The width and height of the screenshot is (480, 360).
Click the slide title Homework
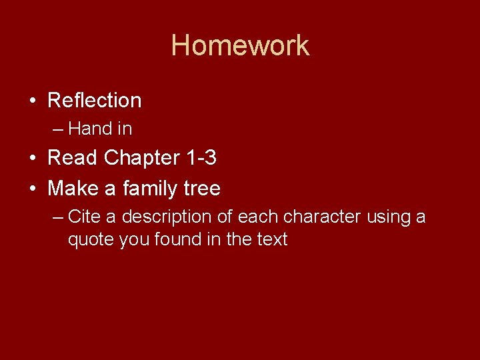pyautogui.click(x=240, y=45)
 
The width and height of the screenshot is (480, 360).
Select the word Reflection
pyautogui.click(x=95, y=101)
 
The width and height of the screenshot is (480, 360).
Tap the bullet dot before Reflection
pyautogui.click(x=32, y=101)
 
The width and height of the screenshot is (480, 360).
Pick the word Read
pyautogui.click(x=73, y=158)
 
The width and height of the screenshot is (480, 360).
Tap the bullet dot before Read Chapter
pyautogui.click(x=32, y=159)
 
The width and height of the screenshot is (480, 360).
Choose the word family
pyautogui.click(x=147, y=189)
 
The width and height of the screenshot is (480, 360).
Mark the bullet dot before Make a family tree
pyautogui.click(x=32, y=189)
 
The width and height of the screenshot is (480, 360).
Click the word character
pyautogui.click(x=323, y=217)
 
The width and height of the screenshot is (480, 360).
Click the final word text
pyautogui.click(x=272, y=239)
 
